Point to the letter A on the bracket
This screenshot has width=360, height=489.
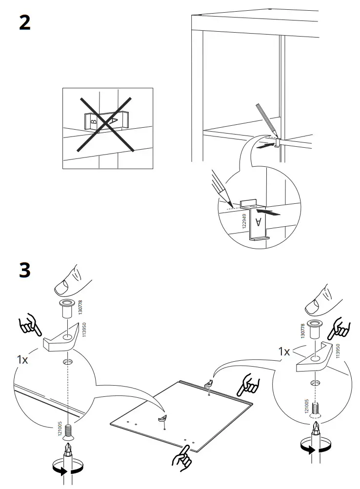tap(259, 223)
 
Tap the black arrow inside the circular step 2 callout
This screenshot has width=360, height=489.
tap(268, 213)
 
